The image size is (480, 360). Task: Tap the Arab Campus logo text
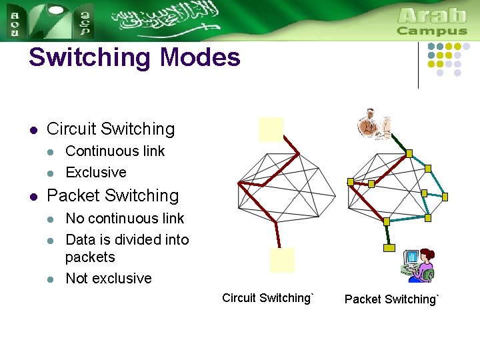431,22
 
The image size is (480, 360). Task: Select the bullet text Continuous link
115,151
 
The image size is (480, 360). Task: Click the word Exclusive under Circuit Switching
96,173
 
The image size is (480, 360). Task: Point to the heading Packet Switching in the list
113,196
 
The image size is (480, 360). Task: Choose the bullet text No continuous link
125,219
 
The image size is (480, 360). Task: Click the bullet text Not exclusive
109,279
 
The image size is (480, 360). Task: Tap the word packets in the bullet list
90,257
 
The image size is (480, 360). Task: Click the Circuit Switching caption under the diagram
267,298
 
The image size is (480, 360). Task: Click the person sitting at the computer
419,265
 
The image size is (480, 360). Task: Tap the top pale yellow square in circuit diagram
271,129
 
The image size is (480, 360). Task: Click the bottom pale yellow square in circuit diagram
281,260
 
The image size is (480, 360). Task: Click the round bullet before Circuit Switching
33,129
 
